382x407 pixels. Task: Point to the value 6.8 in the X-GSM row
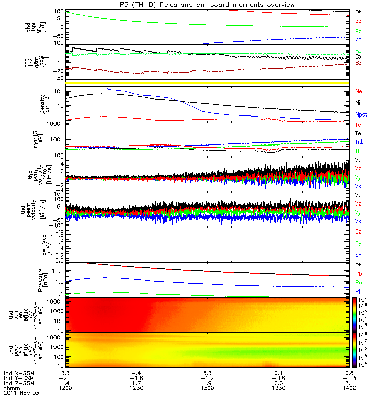(346, 374)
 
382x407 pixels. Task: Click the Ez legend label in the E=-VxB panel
(358, 231)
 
